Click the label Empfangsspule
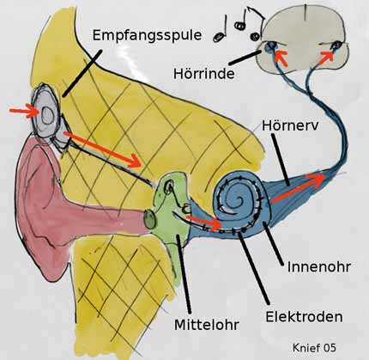tap(147, 36)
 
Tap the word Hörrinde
tap(204, 74)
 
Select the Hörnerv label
tap(290, 125)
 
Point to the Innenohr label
tap(318, 266)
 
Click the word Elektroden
tap(304, 317)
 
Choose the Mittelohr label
tap(207, 325)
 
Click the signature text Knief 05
tap(314, 347)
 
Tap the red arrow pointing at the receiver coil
tap(24, 112)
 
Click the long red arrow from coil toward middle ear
tap(102, 149)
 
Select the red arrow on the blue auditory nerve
tap(298, 187)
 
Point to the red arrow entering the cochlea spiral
tap(204, 222)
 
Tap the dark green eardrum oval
tap(150, 219)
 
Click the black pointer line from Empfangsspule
tap(82, 73)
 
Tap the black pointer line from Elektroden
tap(254, 268)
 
